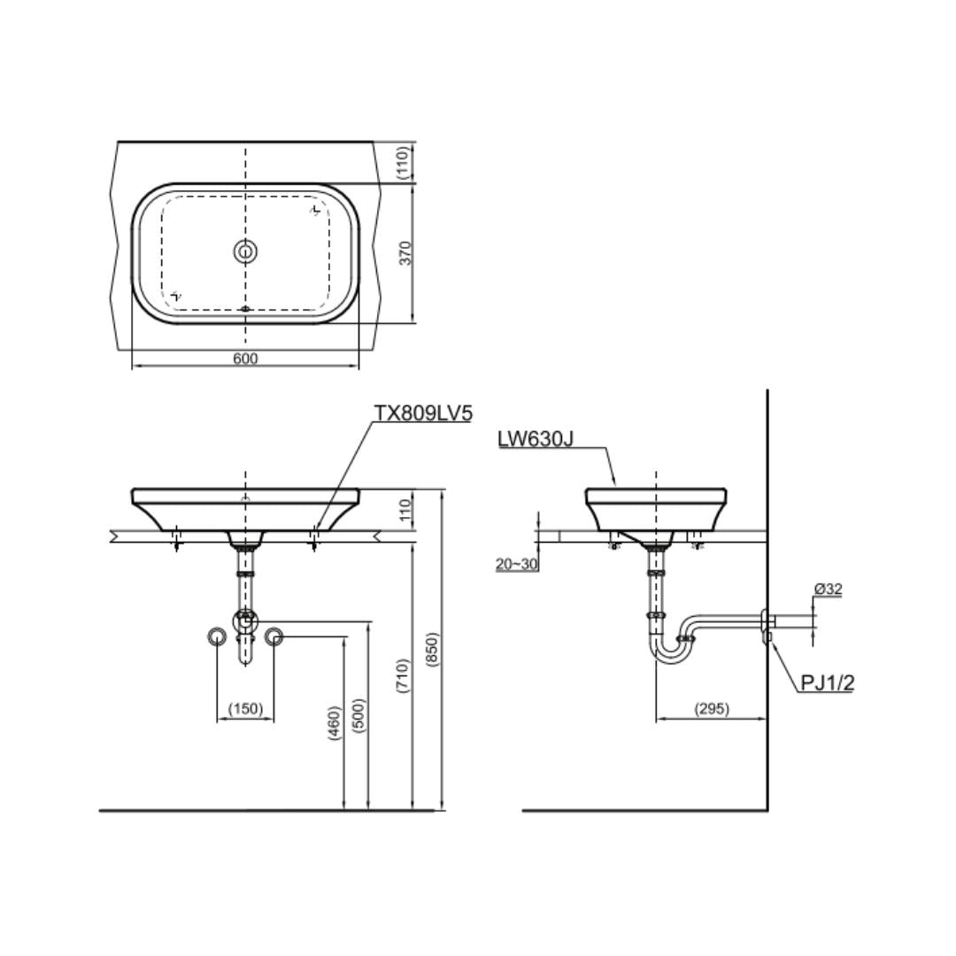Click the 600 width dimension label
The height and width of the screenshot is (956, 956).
click(x=245, y=358)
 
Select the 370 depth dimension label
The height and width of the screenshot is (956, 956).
click(x=406, y=253)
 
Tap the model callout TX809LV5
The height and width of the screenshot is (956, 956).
click(x=423, y=413)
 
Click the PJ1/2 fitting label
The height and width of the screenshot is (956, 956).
click(x=827, y=682)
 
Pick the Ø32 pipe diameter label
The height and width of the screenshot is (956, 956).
click(x=828, y=589)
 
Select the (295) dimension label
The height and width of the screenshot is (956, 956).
click(x=712, y=708)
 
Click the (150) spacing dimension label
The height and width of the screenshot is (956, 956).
click(x=245, y=708)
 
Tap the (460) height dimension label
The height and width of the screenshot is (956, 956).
click(x=334, y=723)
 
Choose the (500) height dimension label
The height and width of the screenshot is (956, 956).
click(x=358, y=715)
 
